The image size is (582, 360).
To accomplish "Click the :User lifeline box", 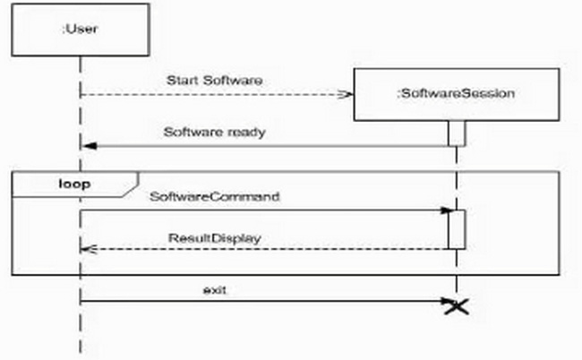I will [x=80, y=30].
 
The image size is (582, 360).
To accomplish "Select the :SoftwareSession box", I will [x=457, y=94].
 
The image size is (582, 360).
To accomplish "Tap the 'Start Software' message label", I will [x=215, y=81].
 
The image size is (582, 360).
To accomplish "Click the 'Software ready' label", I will [x=215, y=132].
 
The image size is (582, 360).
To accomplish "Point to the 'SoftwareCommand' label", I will [x=215, y=195].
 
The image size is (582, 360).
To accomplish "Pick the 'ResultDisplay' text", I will [x=215, y=239].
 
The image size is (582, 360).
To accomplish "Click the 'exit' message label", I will [x=212, y=289].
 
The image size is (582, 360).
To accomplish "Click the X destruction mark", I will [x=458, y=306].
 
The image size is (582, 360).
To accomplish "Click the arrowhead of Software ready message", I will [x=87, y=145].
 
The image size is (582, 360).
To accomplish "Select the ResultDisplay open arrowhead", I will [x=87, y=248].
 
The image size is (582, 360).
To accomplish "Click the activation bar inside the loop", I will [x=457, y=229].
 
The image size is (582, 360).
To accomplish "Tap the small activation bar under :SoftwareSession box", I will [x=457, y=133].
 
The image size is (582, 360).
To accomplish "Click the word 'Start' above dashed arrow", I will [x=182, y=81].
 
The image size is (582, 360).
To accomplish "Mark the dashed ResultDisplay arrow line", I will [x=269, y=248].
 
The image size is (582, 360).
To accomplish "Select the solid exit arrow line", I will [x=269, y=301].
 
